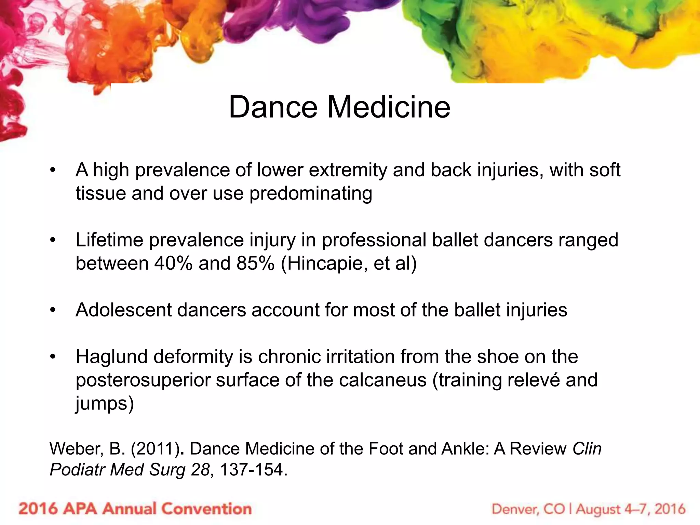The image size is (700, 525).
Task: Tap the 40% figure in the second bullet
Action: (173, 264)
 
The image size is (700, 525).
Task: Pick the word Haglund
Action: (112, 357)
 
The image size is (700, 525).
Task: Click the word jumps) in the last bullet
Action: (105, 404)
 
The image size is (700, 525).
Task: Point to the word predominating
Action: (311, 194)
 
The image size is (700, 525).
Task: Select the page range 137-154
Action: (251, 470)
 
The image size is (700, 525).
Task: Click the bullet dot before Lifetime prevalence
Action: (52, 240)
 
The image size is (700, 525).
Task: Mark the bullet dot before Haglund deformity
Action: (52, 357)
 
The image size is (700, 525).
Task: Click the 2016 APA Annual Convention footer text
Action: (135, 509)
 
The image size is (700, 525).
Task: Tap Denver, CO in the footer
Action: (528, 509)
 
